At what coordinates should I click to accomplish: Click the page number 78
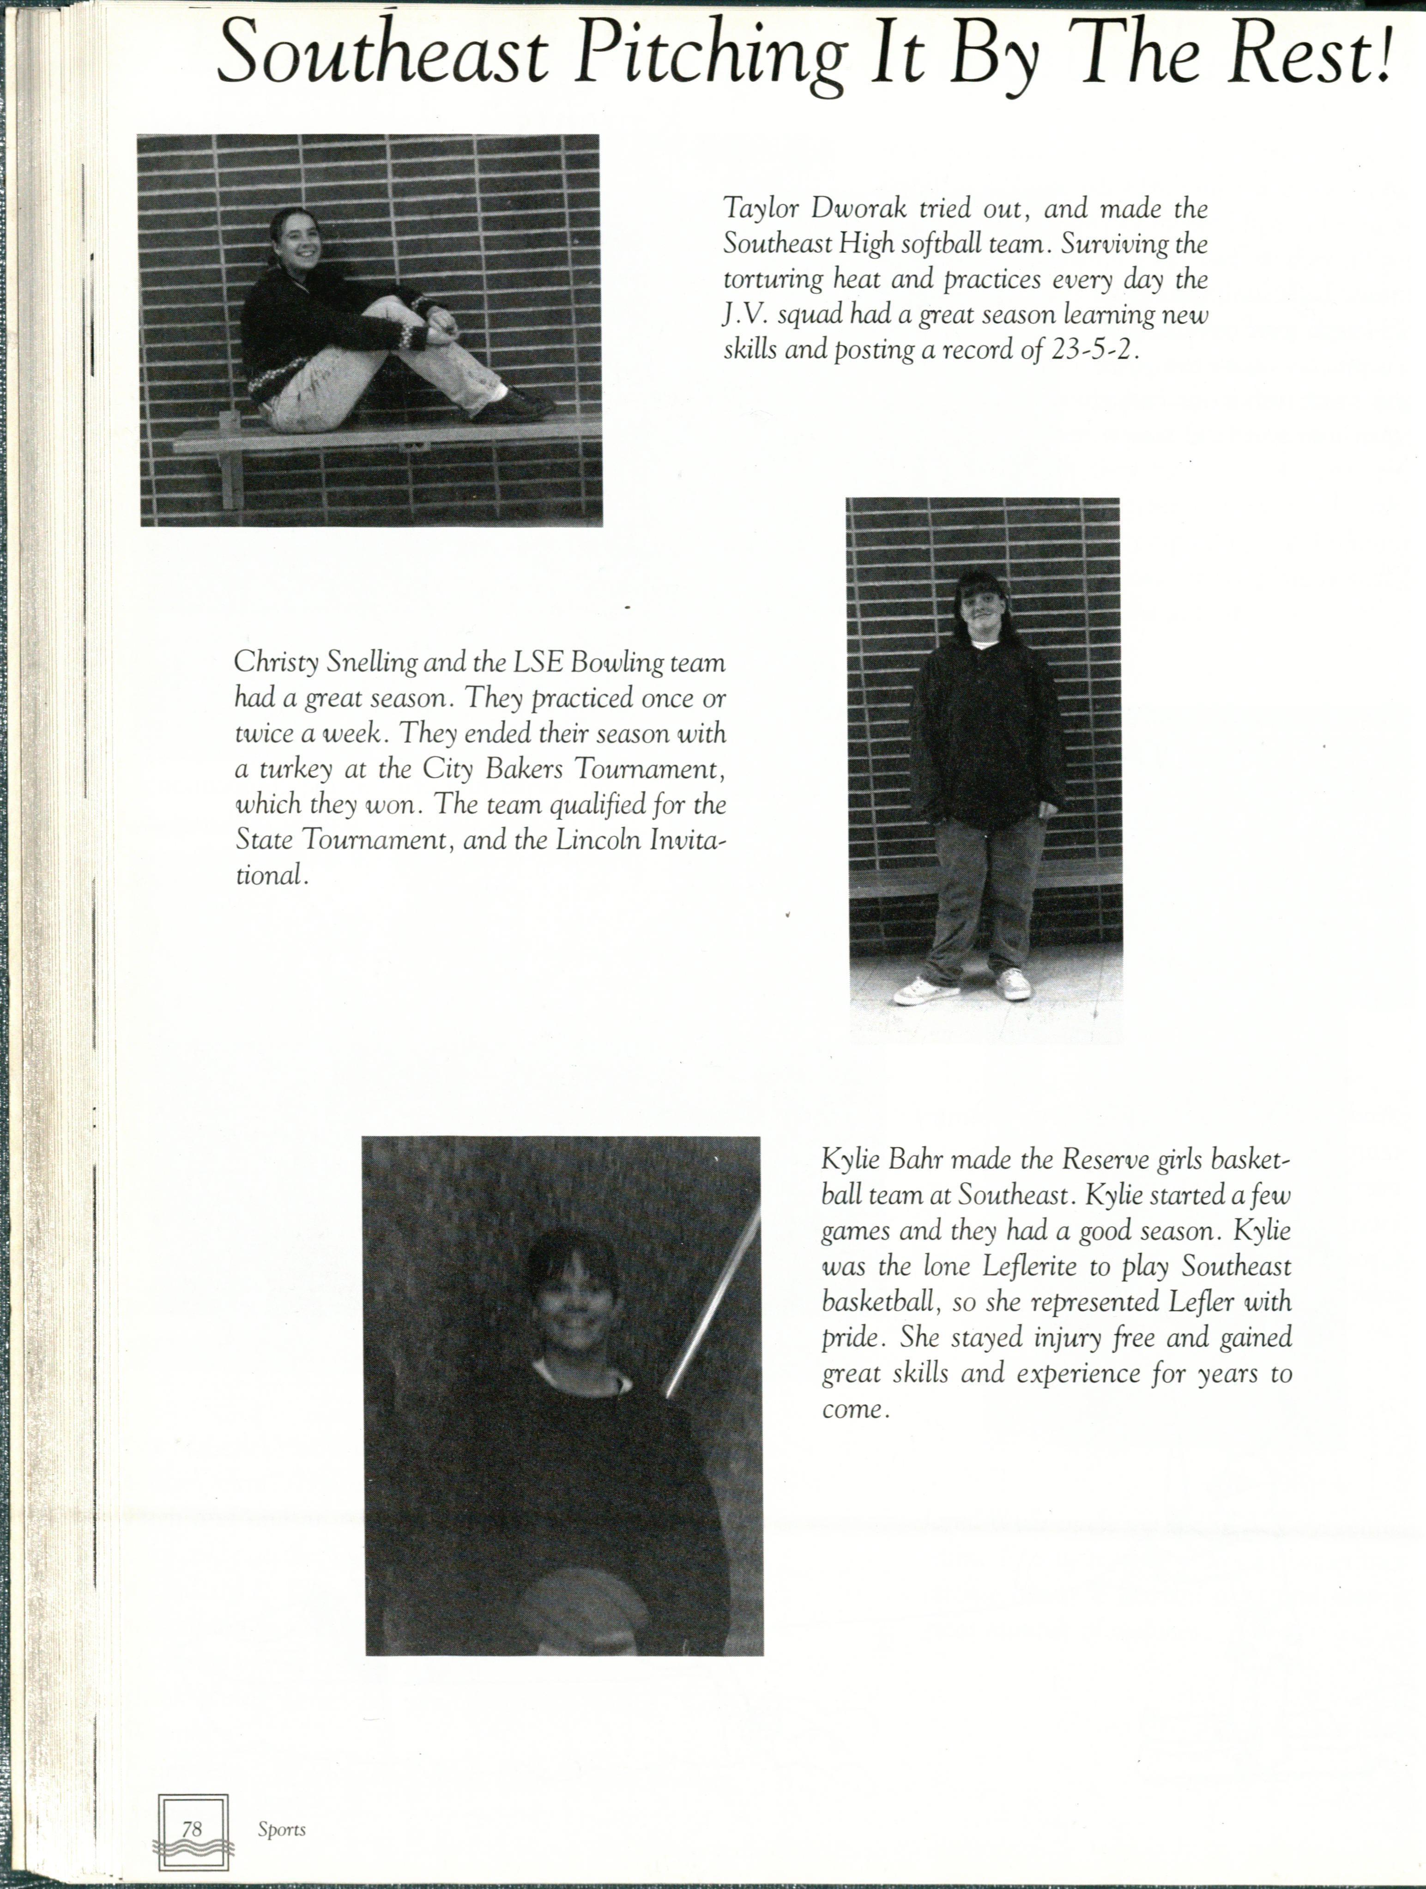192,1828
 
